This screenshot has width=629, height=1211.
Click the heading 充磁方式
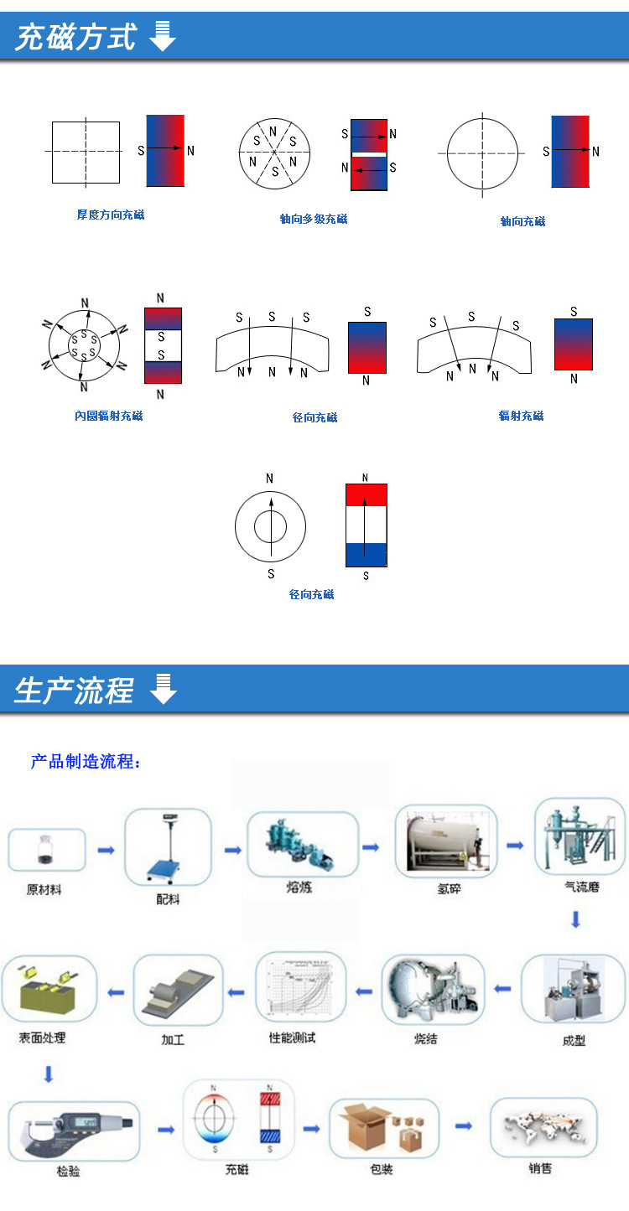pyautogui.click(x=75, y=38)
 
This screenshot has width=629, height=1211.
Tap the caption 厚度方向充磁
pyautogui.click(x=111, y=215)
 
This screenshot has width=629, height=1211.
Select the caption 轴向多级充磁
pyautogui.click(x=313, y=219)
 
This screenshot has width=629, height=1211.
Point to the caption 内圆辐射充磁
pyautogui.click(x=108, y=416)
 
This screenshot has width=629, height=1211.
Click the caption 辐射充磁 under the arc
pyautogui.click(x=521, y=416)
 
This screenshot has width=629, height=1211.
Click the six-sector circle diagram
pyautogui.click(x=274, y=152)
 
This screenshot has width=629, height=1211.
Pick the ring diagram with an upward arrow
pyautogui.click(x=270, y=526)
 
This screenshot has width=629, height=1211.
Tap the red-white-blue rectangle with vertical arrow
pyautogui.click(x=366, y=525)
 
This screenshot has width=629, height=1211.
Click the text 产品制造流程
pyautogui.click(x=86, y=762)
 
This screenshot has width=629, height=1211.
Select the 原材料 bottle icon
pyautogui.click(x=46, y=851)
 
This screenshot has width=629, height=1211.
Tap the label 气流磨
pyautogui.click(x=582, y=887)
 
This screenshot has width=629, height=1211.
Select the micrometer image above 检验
pyautogui.click(x=74, y=1131)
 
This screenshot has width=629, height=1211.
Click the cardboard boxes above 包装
pyautogui.click(x=383, y=1127)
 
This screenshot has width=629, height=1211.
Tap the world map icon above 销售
pyautogui.click(x=543, y=1127)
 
